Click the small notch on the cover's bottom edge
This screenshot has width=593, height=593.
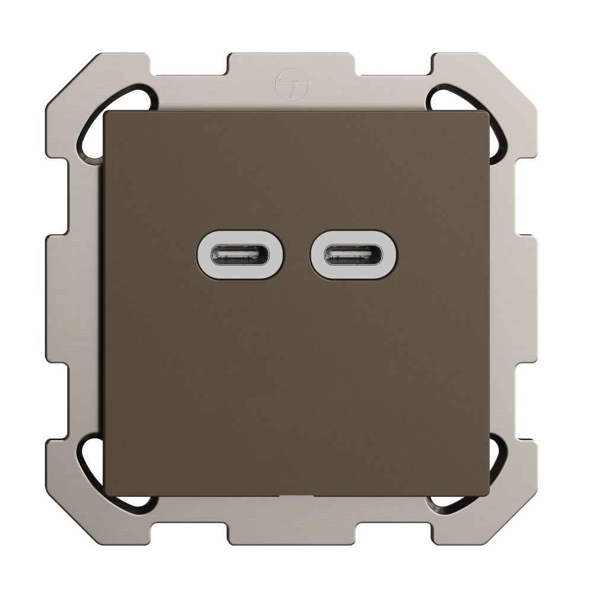[296, 493]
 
